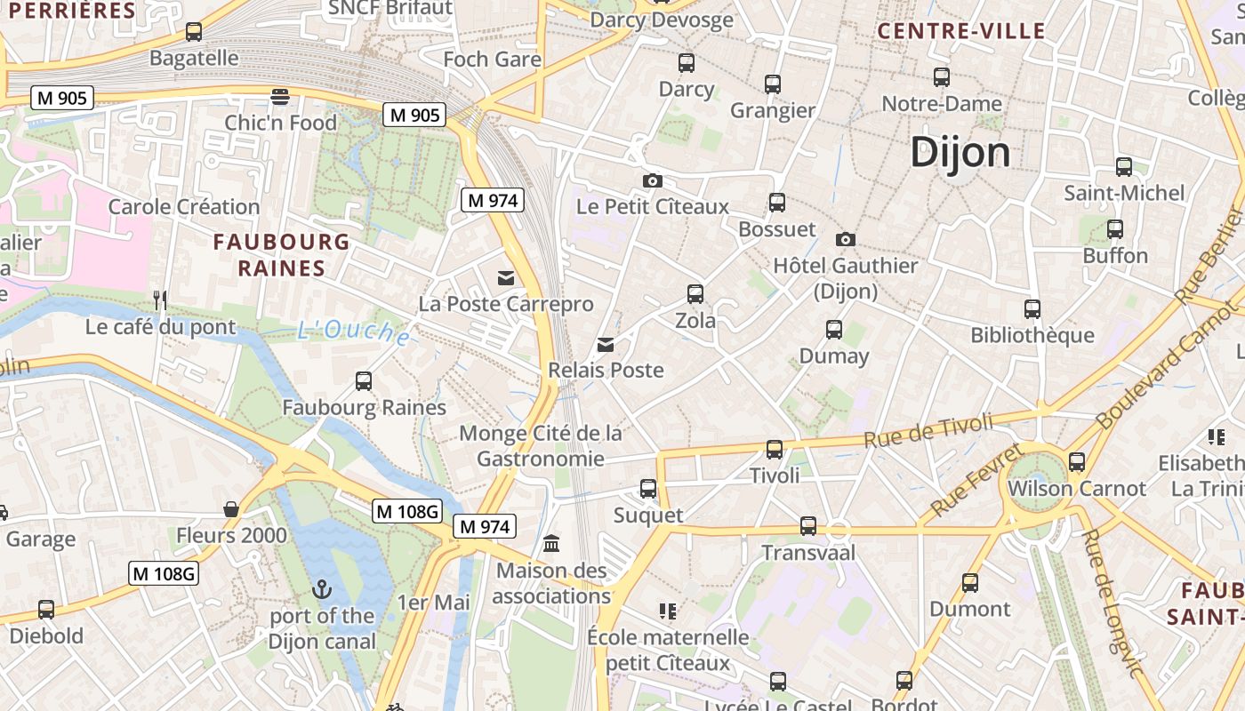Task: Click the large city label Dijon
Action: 960,153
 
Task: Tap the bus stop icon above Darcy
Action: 686,62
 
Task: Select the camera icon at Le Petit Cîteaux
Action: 652,180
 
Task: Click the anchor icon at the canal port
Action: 322,589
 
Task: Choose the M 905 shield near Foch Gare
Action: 414,115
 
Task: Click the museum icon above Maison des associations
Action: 550,543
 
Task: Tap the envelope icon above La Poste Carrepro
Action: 506,278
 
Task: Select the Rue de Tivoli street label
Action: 928,431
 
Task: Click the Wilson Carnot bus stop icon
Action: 1076,462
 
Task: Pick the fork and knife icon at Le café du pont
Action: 160,300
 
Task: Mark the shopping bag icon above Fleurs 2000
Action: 231,509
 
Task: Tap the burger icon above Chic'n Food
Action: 280,96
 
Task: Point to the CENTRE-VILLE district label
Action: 961,31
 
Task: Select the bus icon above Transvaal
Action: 807,526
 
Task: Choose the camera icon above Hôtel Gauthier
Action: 846,239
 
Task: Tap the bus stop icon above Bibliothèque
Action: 1032,309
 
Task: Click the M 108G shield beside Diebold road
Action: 164,573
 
